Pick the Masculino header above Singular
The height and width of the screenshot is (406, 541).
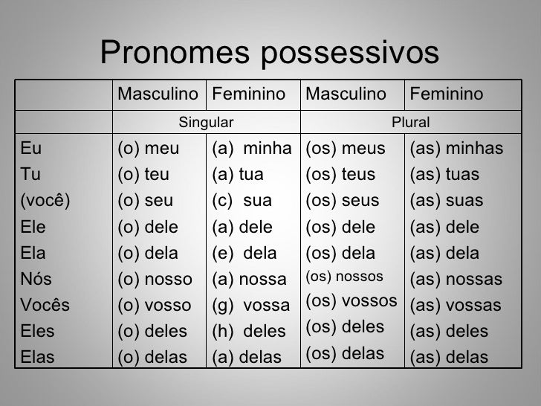tap(158, 94)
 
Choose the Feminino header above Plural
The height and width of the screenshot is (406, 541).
tap(447, 94)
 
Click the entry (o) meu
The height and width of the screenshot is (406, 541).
tap(149, 149)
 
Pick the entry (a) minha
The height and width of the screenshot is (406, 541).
tap(251, 149)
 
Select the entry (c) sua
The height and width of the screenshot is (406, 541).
tap(242, 201)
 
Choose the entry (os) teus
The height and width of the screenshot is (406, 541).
tap(342, 175)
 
